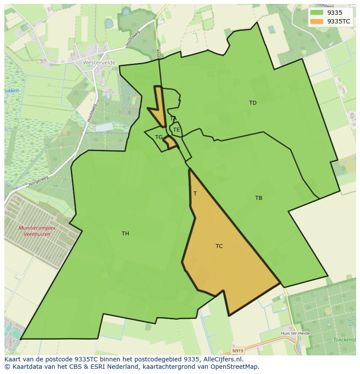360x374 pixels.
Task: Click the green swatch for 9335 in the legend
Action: click(x=317, y=13)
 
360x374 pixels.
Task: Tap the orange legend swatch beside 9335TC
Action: click(x=317, y=21)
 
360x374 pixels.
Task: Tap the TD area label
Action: click(x=253, y=103)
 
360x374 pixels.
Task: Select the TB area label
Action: click(x=259, y=198)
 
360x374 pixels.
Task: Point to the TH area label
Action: click(x=125, y=234)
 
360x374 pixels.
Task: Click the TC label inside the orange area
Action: click(x=219, y=246)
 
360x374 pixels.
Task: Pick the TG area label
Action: click(x=159, y=137)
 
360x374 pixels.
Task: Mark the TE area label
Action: click(x=176, y=130)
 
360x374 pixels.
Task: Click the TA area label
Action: click(x=173, y=119)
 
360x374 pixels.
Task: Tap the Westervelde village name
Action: click(x=99, y=63)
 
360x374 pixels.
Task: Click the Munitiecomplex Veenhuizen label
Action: click(x=34, y=231)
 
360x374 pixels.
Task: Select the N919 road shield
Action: click(x=237, y=350)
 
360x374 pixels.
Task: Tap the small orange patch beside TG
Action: click(x=170, y=142)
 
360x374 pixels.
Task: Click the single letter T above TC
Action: click(x=195, y=194)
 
